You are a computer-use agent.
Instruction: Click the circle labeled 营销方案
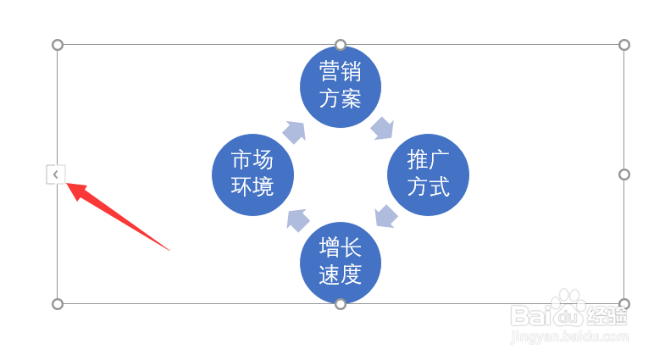point(341,85)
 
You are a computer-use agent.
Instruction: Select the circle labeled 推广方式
point(428,174)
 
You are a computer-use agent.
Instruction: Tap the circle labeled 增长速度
point(341,262)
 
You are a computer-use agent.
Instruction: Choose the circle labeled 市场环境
point(252,174)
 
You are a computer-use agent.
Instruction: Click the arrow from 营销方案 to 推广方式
point(382,128)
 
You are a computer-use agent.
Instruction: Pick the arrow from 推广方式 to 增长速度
point(385,216)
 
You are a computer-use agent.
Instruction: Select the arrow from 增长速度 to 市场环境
point(297,220)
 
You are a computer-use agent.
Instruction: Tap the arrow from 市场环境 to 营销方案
point(294,131)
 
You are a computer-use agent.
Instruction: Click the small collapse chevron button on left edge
point(55,174)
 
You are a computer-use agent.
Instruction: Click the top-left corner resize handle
point(58,45)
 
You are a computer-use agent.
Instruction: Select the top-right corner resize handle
point(624,45)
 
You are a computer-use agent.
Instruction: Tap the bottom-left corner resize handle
point(58,303)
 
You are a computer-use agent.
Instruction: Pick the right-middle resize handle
point(624,174)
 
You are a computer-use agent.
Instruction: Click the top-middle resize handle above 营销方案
point(341,45)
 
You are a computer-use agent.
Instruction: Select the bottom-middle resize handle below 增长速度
point(341,303)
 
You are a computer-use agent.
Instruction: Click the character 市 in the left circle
point(241,160)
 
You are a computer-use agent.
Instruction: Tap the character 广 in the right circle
point(440,160)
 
